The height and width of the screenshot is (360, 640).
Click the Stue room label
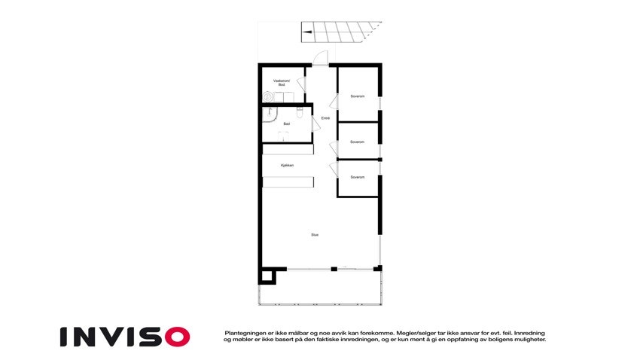315,235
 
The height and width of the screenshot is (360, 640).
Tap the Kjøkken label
287,166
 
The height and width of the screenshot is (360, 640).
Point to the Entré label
325,118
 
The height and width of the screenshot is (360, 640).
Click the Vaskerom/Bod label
282,83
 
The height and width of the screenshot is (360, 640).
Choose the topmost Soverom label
358,96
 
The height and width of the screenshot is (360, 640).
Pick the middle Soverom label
358,142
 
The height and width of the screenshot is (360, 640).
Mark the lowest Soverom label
358,177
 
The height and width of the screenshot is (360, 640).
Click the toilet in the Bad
300,113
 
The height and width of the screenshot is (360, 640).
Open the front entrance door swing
320,57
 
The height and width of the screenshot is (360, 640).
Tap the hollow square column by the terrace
267,276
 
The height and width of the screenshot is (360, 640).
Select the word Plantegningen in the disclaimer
242,332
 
